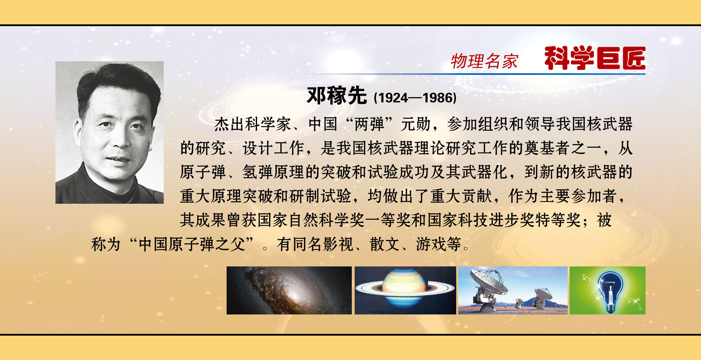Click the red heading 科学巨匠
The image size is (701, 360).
click(595, 58)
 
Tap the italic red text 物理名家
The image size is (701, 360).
click(484, 61)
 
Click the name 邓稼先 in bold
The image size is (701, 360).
click(337, 96)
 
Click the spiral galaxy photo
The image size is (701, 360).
click(289, 290)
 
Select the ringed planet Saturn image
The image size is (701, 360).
click(405, 290)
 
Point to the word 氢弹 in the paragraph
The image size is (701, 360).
click(257, 172)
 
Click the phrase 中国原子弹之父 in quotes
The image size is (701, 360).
click(192, 244)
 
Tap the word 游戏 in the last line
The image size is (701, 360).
click(431, 244)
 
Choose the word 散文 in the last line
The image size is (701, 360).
click(385, 244)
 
